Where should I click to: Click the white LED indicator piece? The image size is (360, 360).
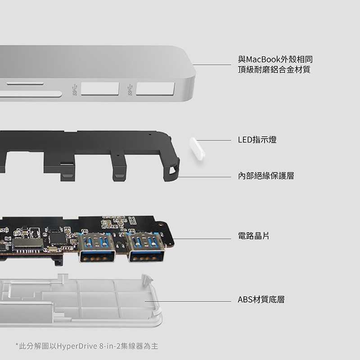(x=197, y=149)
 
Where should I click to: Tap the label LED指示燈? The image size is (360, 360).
(x=257, y=139)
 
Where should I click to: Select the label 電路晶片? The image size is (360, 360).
(x=253, y=236)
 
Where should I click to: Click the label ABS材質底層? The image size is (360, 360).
(x=261, y=299)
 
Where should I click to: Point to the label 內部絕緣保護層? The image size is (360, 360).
(x=266, y=175)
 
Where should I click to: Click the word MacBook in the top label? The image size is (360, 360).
(x=263, y=59)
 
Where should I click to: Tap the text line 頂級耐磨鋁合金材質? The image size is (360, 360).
(x=274, y=70)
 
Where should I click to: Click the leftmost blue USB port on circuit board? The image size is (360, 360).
(x=96, y=247)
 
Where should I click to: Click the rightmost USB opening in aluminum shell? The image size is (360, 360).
(x=155, y=89)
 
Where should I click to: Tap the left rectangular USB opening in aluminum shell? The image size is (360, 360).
(x=100, y=89)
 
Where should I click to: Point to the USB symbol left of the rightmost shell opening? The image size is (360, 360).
(x=130, y=90)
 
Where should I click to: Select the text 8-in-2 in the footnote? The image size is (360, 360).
(x=110, y=346)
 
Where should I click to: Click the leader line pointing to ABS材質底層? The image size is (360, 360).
(x=188, y=301)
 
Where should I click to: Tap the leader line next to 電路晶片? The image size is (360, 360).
(x=202, y=238)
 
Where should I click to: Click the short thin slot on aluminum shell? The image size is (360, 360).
(x=25, y=84)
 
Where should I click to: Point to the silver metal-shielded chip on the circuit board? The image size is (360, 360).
(x=28, y=243)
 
